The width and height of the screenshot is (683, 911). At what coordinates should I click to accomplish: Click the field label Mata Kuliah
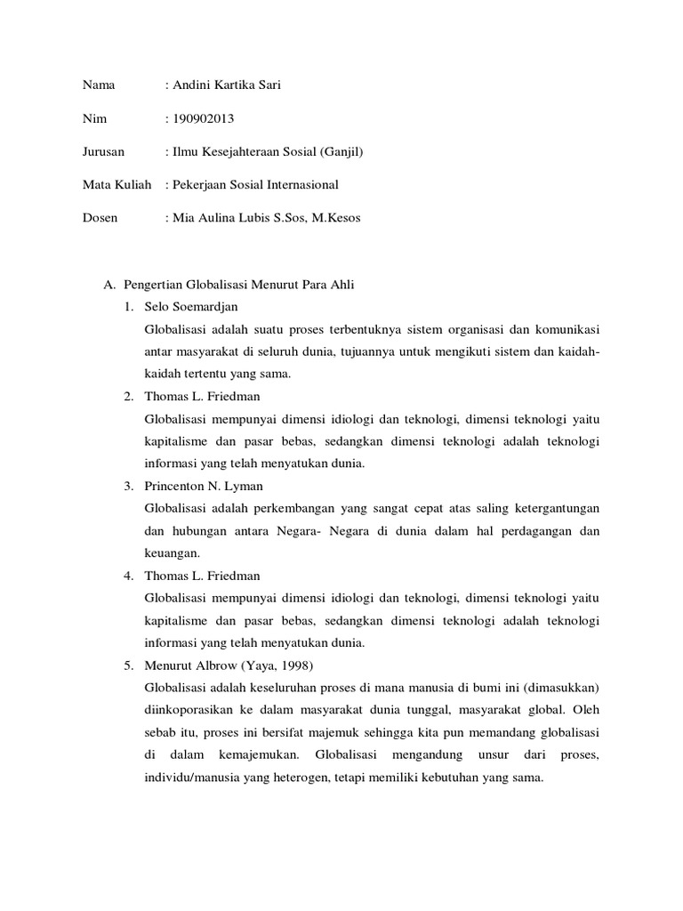coord(116,185)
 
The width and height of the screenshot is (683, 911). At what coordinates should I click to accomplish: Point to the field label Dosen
coord(100,218)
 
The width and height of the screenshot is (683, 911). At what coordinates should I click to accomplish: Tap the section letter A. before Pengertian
coord(110,284)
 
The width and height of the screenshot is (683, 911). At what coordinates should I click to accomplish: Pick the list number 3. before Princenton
coord(129,486)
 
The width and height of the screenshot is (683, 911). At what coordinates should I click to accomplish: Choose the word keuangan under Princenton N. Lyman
coord(168,552)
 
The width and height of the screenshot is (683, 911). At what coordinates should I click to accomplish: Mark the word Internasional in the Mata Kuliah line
coord(300,185)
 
